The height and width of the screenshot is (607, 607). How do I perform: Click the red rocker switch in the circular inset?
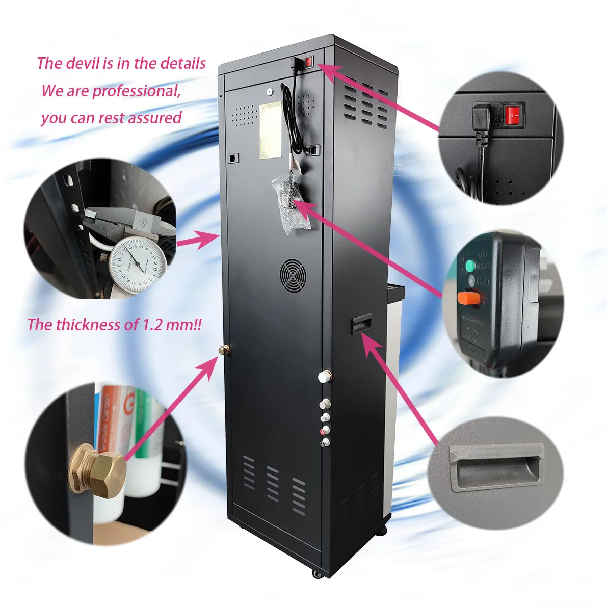point(513,116)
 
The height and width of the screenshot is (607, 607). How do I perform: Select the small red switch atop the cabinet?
point(308,63)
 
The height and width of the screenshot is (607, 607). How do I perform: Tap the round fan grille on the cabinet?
point(293,275)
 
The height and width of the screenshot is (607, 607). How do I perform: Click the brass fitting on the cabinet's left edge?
point(223,350)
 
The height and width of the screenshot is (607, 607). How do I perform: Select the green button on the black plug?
point(469,266)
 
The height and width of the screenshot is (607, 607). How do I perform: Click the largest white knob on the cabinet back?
point(323,377)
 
